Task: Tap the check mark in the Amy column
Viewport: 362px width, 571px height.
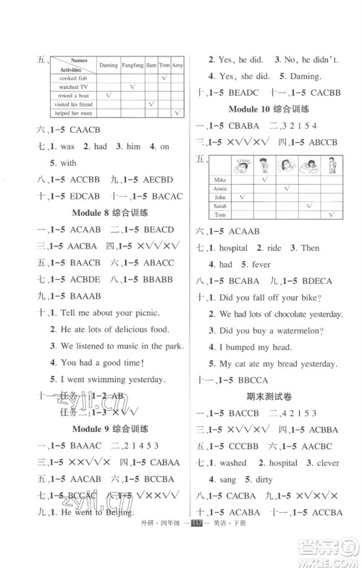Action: click(177, 114)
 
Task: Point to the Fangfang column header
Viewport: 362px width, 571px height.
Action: click(132, 65)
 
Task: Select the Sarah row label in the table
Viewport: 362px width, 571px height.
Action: click(221, 205)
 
